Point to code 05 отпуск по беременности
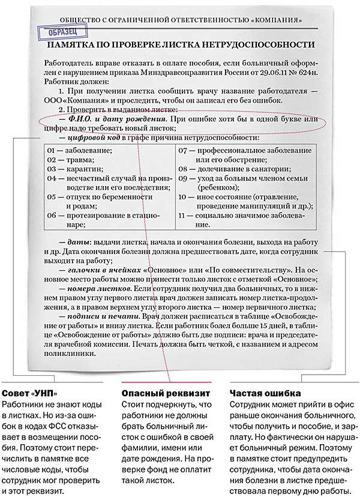[x=90, y=196]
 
